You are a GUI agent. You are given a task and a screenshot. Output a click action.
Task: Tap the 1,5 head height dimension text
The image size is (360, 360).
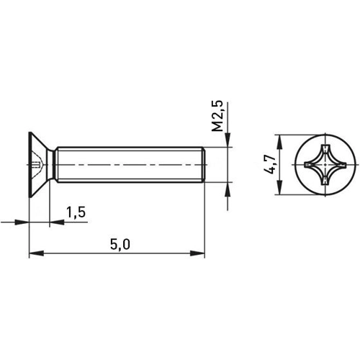76,212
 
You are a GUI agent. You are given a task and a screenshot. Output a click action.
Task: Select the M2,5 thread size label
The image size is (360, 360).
220,116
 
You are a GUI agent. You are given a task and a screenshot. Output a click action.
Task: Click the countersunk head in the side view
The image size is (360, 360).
39,165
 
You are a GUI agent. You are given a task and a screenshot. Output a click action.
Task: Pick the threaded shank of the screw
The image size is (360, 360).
130,165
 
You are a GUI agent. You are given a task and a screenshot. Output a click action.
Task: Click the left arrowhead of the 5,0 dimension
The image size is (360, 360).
34,253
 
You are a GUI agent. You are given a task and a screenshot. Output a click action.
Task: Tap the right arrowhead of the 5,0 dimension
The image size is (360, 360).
201,253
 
